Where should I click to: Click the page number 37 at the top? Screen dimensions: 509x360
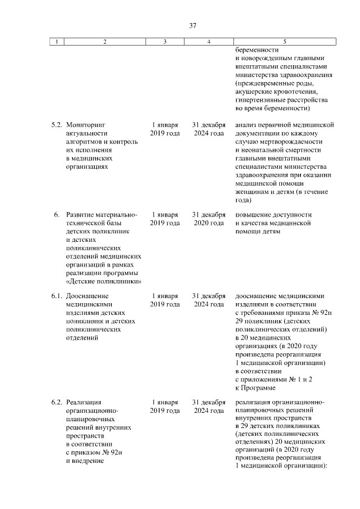192,26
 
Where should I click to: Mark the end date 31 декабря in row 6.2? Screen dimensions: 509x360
209,402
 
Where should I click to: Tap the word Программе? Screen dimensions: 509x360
259,388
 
